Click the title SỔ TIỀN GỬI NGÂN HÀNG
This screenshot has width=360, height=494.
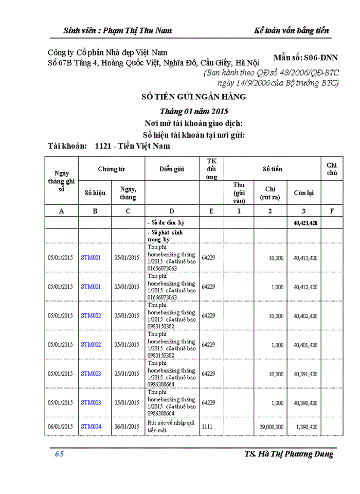click(194, 96)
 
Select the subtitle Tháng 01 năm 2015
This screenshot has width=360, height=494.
click(194, 111)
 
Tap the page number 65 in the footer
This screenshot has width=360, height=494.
click(59, 454)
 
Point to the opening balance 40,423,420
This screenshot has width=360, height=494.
click(305, 223)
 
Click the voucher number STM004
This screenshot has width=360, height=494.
click(91, 427)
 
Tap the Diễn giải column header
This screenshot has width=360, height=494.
click(172, 169)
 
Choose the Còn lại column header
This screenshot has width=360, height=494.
click(303, 193)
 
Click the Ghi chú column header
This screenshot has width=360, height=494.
click(332, 169)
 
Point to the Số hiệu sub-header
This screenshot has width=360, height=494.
click(95, 193)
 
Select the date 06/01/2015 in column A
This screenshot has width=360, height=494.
click(61, 427)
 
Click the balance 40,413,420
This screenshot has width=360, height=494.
click(305, 258)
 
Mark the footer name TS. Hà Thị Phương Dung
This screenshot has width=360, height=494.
click(289, 454)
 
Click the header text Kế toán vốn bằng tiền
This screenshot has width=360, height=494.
click(292, 30)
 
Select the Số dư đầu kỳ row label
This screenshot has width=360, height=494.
click(166, 223)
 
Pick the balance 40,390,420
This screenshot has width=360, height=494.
click(305, 403)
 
